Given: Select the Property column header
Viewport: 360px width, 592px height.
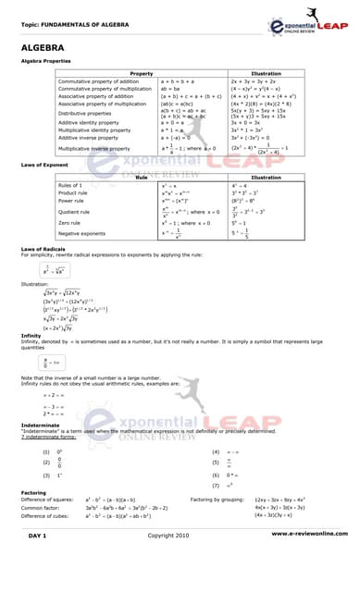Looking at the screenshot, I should [142, 73].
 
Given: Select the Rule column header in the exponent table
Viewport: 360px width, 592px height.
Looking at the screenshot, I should [142, 178].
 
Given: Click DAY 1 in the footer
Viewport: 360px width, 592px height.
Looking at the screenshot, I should [38, 561].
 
